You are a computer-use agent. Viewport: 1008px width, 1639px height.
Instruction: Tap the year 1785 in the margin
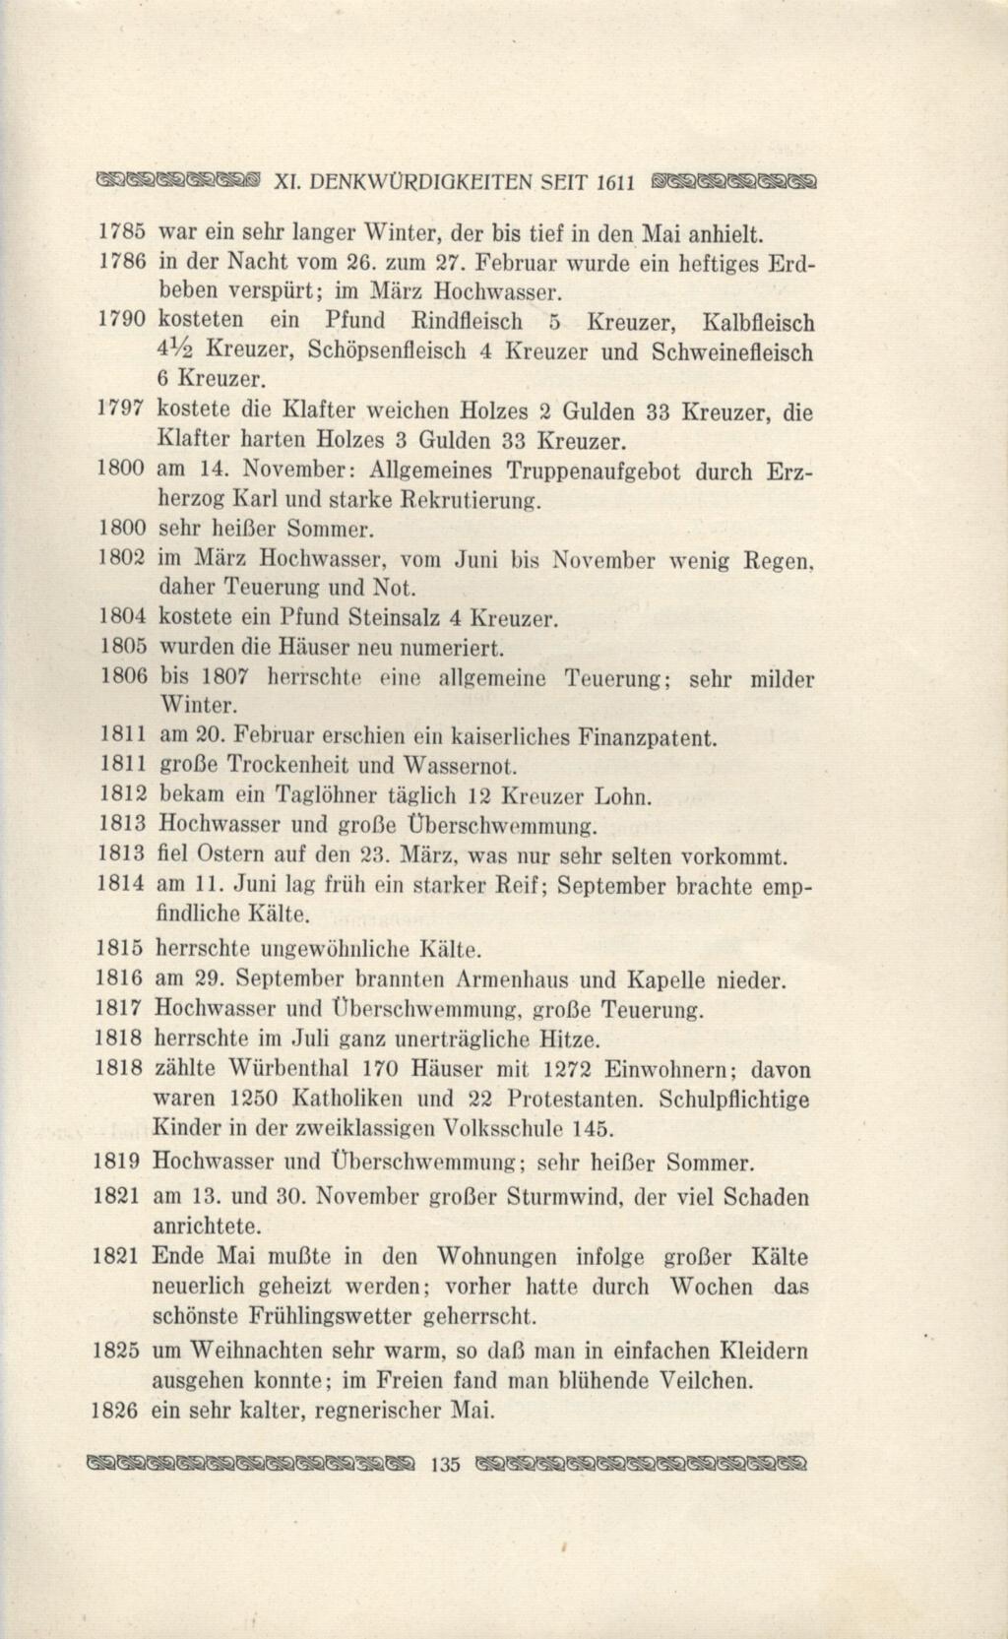(x=124, y=235)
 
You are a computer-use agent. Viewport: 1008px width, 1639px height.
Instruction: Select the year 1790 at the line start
(x=124, y=322)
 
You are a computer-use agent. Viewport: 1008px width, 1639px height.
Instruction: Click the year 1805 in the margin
(x=124, y=649)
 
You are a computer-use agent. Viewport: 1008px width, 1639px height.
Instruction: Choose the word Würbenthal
(x=287, y=1069)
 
